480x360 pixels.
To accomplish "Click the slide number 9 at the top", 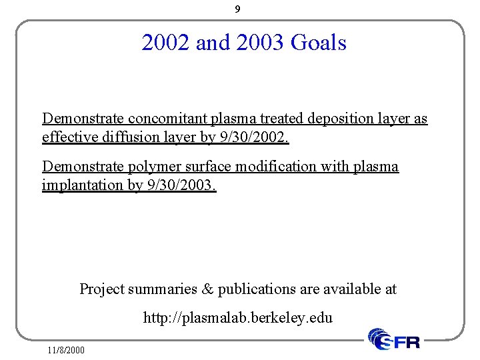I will point(238,9).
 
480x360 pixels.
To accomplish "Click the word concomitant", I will point(168,119).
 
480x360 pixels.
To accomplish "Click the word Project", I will point(102,289).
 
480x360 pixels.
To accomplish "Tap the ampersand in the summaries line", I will point(207,289).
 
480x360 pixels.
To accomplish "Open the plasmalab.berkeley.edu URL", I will point(238,318).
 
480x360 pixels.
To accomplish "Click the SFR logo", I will point(395,340).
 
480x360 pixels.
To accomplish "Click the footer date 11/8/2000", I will point(66,349).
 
